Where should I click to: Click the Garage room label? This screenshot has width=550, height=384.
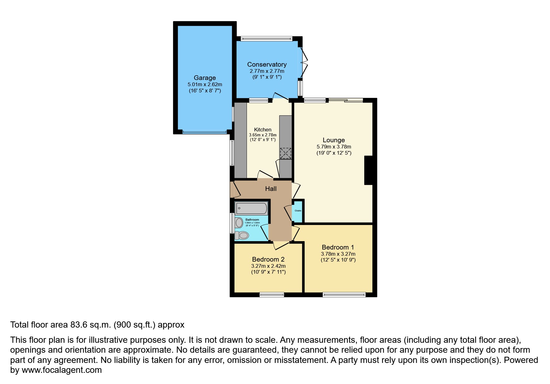[x=205, y=78]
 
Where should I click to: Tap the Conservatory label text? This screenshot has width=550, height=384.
[x=267, y=64]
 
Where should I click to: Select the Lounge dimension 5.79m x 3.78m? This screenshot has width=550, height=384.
[x=334, y=147]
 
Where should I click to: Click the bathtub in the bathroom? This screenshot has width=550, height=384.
[x=251, y=208]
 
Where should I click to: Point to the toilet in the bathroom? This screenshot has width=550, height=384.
[x=242, y=236]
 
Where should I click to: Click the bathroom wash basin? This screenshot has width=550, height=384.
[x=239, y=223]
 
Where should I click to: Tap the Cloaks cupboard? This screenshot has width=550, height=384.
[x=298, y=211]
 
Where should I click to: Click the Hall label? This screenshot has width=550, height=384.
[x=270, y=189]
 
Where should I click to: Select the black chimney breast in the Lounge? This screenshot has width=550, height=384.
[x=368, y=170]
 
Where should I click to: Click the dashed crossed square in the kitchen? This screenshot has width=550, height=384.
[x=285, y=153]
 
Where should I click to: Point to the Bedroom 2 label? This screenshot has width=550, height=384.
[x=268, y=259]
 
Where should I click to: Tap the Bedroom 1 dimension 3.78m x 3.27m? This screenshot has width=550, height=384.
[x=338, y=254]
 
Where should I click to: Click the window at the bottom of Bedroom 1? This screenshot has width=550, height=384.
[x=344, y=295]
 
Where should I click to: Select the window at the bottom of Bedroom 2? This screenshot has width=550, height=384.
[x=271, y=295]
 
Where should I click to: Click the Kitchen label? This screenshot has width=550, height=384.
[x=262, y=130]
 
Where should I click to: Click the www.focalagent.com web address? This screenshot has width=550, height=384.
[x=61, y=370]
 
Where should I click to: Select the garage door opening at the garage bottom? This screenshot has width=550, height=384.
[x=204, y=132]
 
